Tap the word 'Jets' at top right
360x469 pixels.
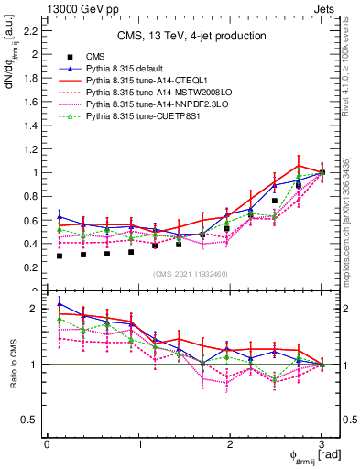pyautogui.click(x=328, y=7)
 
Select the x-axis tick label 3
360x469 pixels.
pyautogui.click(x=322, y=444)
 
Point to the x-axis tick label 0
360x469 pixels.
pyautogui.click(x=47, y=444)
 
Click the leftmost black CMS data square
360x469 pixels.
pyautogui.click(x=60, y=256)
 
